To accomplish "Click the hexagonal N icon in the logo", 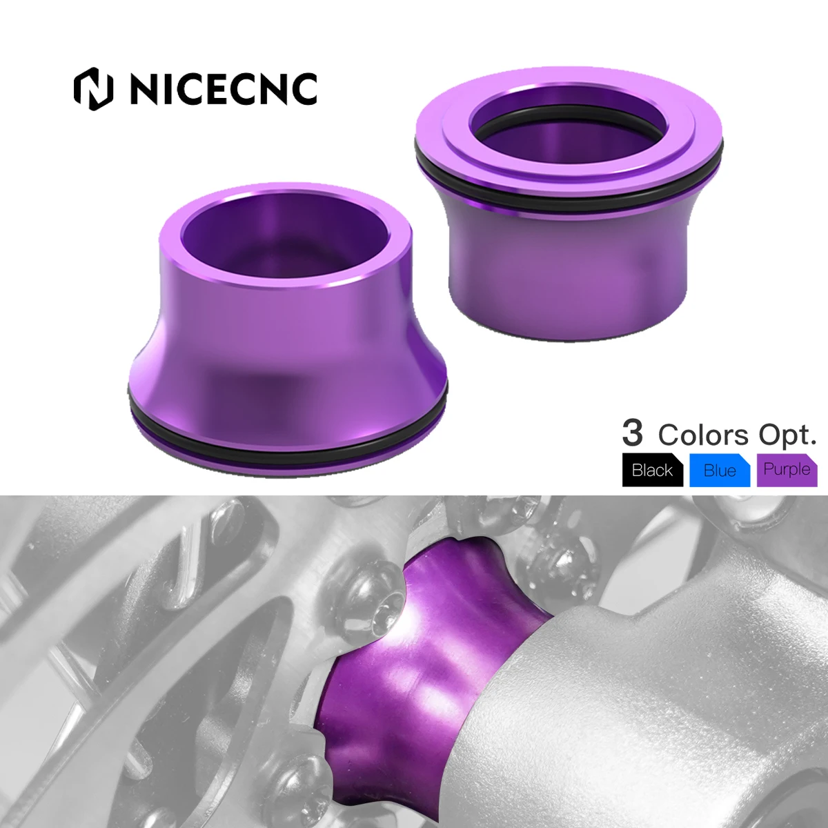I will (x=93, y=88).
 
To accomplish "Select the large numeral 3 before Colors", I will (x=632, y=433).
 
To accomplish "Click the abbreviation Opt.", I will (x=787, y=435).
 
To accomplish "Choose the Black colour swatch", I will (x=652, y=471).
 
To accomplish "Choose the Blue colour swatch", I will (x=719, y=471).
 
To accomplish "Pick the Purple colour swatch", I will (x=787, y=470).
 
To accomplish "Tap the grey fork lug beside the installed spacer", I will (x=621, y=690).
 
